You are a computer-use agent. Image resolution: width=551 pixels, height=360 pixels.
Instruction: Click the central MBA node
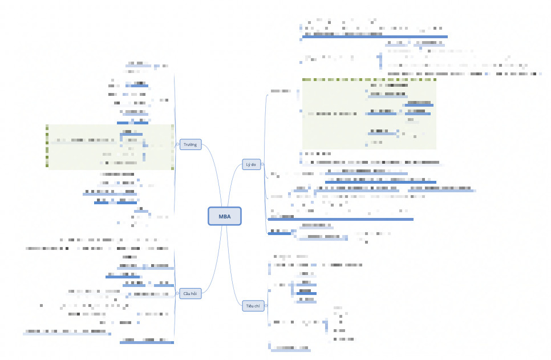pos(225,216)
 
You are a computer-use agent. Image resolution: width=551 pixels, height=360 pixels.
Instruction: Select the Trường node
pos(190,144)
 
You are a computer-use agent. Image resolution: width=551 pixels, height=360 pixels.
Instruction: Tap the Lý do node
pos(251,164)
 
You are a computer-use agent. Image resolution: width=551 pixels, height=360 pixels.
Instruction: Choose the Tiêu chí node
pos(253,306)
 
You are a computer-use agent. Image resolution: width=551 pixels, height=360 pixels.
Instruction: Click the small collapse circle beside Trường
pos(177,144)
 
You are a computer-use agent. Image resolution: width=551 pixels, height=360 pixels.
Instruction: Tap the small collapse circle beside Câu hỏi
pos(177,293)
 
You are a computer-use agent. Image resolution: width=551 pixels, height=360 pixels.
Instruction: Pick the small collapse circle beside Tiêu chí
pos(266,306)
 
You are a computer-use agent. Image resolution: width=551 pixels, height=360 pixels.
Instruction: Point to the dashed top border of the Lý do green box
pos(368,79)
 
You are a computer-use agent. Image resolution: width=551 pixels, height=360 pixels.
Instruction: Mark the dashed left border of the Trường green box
pos(47,147)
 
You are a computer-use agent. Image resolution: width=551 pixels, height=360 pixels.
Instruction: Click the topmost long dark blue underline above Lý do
pos(374,37)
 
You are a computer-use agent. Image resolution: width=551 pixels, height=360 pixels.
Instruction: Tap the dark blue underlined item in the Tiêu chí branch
pos(307,293)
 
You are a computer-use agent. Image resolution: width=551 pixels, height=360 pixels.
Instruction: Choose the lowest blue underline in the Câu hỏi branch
pos(147,342)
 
